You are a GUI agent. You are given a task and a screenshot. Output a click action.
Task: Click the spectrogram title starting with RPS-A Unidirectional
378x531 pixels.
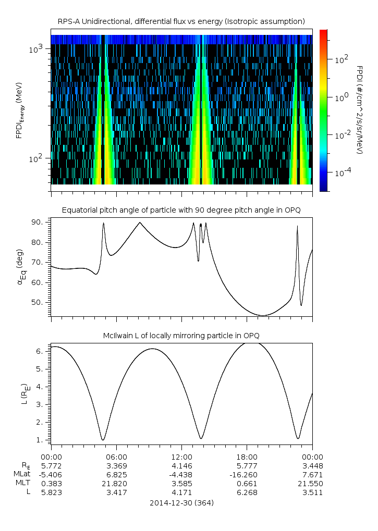(181, 21)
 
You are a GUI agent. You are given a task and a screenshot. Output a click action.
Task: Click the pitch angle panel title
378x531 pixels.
(181, 210)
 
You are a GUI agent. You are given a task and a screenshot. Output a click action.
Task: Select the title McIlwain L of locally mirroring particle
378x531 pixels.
(181, 335)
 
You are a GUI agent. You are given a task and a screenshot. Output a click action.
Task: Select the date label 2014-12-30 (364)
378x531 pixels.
(181, 503)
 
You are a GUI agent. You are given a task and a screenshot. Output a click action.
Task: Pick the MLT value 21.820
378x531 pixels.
(116, 483)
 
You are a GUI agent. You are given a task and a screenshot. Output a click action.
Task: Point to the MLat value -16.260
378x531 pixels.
(247, 474)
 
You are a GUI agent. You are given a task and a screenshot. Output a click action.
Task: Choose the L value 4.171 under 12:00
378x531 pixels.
(181, 491)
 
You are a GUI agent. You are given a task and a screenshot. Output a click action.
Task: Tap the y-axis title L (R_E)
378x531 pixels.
(23, 394)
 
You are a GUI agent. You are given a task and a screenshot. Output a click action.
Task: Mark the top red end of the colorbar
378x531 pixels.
(323, 32)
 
